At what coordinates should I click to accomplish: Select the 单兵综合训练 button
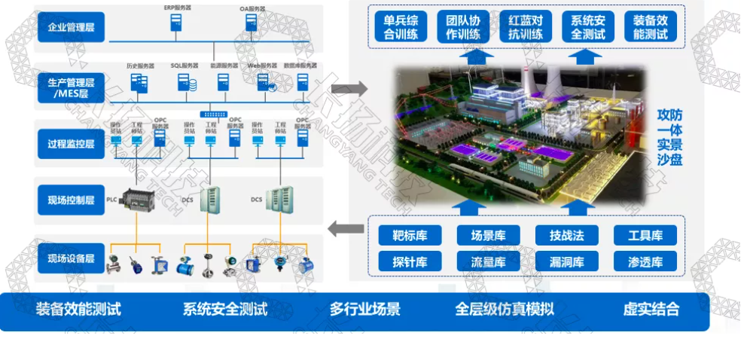point(401,26)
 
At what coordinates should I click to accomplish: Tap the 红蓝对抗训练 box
point(526,26)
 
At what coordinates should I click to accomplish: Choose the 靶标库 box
point(410,235)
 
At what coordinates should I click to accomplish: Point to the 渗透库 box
point(645,261)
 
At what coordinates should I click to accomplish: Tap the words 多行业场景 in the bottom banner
point(364,309)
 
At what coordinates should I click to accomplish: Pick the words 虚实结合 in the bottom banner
point(651,309)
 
